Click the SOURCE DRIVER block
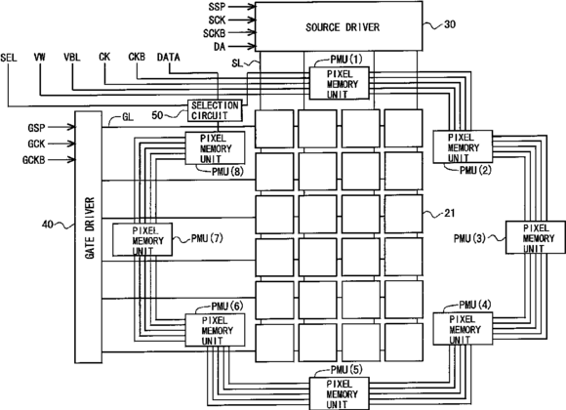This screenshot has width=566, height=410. [339, 26]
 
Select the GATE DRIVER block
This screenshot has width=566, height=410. [89, 237]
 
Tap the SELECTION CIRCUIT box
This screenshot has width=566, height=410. [215, 110]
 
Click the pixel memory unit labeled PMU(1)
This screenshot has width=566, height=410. [340, 83]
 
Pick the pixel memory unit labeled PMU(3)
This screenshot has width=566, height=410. [536, 237]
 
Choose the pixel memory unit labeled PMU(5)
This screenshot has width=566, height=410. [340, 393]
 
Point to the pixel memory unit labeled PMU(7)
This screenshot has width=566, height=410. [142, 239]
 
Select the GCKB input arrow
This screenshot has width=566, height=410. [61, 159]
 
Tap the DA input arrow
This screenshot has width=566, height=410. [242, 46]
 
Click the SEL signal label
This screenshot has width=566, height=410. [9, 58]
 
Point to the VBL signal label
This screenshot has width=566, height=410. [72, 58]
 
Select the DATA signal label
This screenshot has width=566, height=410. [169, 58]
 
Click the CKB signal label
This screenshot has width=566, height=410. [137, 57]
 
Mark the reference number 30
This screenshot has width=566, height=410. [450, 24]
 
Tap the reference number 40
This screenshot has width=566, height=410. [48, 225]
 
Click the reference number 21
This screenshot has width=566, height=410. [449, 213]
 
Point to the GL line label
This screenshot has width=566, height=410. [128, 117]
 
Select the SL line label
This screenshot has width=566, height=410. [237, 63]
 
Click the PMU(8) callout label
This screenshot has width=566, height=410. [227, 172]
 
